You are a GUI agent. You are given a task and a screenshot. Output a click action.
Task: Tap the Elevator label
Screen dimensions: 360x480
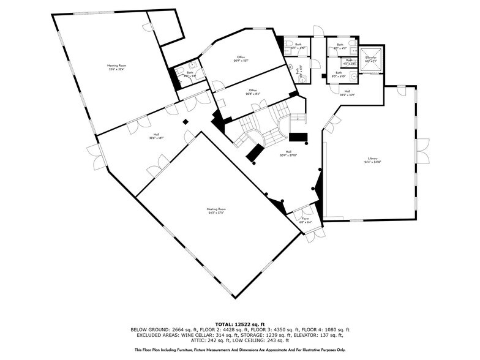371,57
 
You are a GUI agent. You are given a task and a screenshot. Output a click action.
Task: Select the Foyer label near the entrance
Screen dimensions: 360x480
305,218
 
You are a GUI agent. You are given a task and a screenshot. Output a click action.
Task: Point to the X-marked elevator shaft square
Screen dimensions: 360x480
371,61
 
